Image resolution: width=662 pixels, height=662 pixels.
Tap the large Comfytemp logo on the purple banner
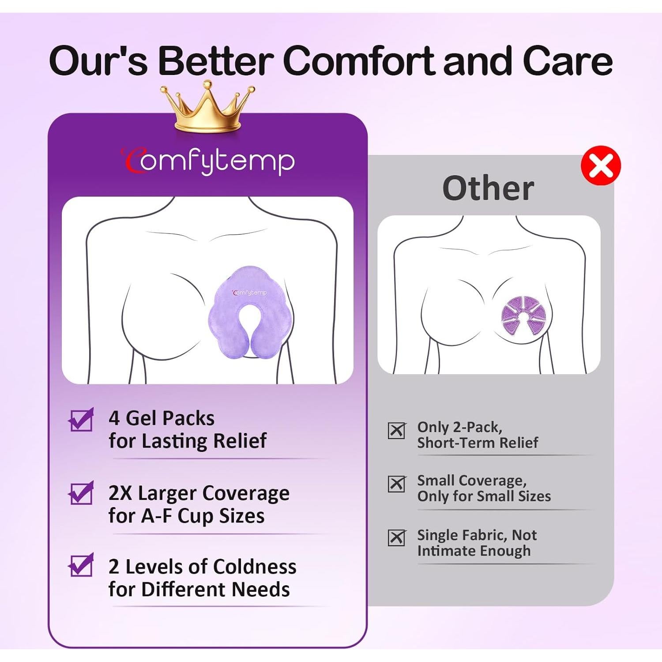[x=208, y=161]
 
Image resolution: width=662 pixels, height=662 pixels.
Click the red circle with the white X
[x=601, y=165]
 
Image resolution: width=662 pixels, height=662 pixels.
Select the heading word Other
[x=488, y=188]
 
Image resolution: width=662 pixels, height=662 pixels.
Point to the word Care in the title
[x=568, y=61]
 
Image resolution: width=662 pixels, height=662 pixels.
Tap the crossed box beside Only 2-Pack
[x=396, y=430]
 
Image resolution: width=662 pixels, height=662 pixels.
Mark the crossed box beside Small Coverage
[x=396, y=484]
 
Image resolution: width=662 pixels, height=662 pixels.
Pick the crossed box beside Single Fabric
[x=396, y=538]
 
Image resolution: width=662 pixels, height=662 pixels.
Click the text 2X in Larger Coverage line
[x=120, y=493]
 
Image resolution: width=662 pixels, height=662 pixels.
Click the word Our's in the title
[x=98, y=61]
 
